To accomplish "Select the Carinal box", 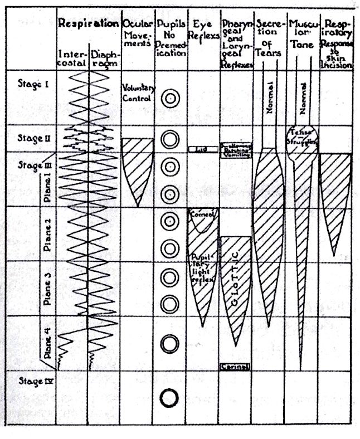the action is [x=235, y=366].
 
